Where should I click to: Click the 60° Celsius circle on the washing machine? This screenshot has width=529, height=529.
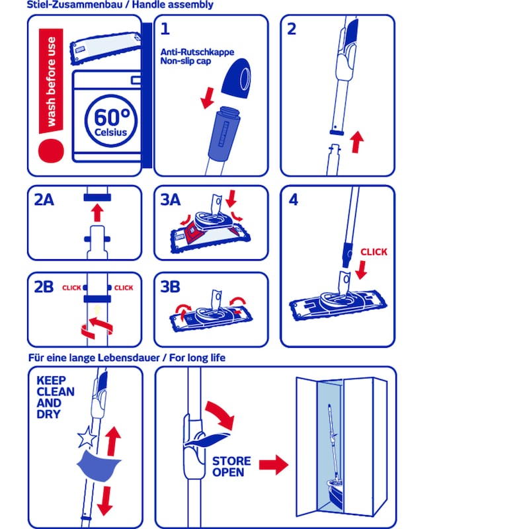pyautogui.click(x=111, y=121)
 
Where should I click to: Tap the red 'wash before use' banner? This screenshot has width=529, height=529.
pyautogui.click(x=51, y=81)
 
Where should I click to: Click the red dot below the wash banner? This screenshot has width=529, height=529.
pyautogui.click(x=51, y=151)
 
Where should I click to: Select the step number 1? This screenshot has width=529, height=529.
pyautogui.click(x=165, y=29)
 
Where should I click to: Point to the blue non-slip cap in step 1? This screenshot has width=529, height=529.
pyautogui.click(x=237, y=78)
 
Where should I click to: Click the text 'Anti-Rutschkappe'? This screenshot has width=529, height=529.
pyautogui.click(x=197, y=52)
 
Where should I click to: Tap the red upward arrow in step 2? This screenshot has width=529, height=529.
pyautogui.click(x=356, y=142)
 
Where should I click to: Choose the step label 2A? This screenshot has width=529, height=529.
pyautogui.click(x=44, y=200)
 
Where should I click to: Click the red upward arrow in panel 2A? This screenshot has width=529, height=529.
pyautogui.click(x=97, y=212)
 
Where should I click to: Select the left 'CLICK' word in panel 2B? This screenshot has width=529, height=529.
pyautogui.click(x=71, y=288)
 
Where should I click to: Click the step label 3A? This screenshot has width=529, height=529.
pyautogui.click(x=171, y=200)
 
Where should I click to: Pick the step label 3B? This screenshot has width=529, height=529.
pyautogui.click(x=170, y=287)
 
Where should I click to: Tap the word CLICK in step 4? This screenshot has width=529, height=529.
pyautogui.click(x=374, y=252)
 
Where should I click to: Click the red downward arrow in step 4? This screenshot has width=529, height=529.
pyautogui.click(x=361, y=270)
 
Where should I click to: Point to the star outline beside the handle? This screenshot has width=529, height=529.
pyautogui.click(x=87, y=437)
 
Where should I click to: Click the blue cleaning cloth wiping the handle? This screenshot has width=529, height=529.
pyautogui.click(x=99, y=466)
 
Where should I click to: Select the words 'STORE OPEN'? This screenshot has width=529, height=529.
pyautogui.click(x=231, y=467)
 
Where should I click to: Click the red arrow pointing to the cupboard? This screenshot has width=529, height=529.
pyautogui.click(x=274, y=465)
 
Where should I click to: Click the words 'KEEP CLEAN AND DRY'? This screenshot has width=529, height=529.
pyautogui.click(x=56, y=397)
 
